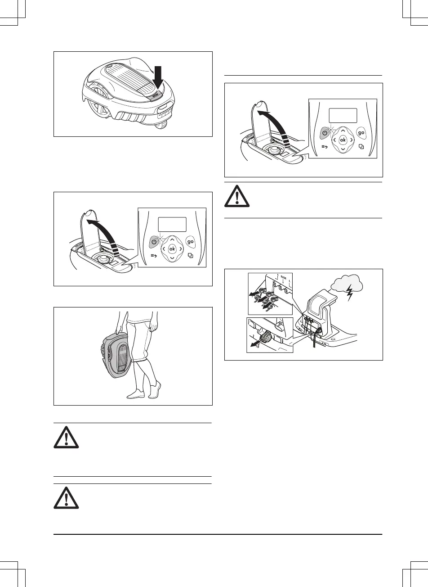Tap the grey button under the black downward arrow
[x=155, y=95]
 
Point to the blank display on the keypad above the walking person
[x=172, y=224]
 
